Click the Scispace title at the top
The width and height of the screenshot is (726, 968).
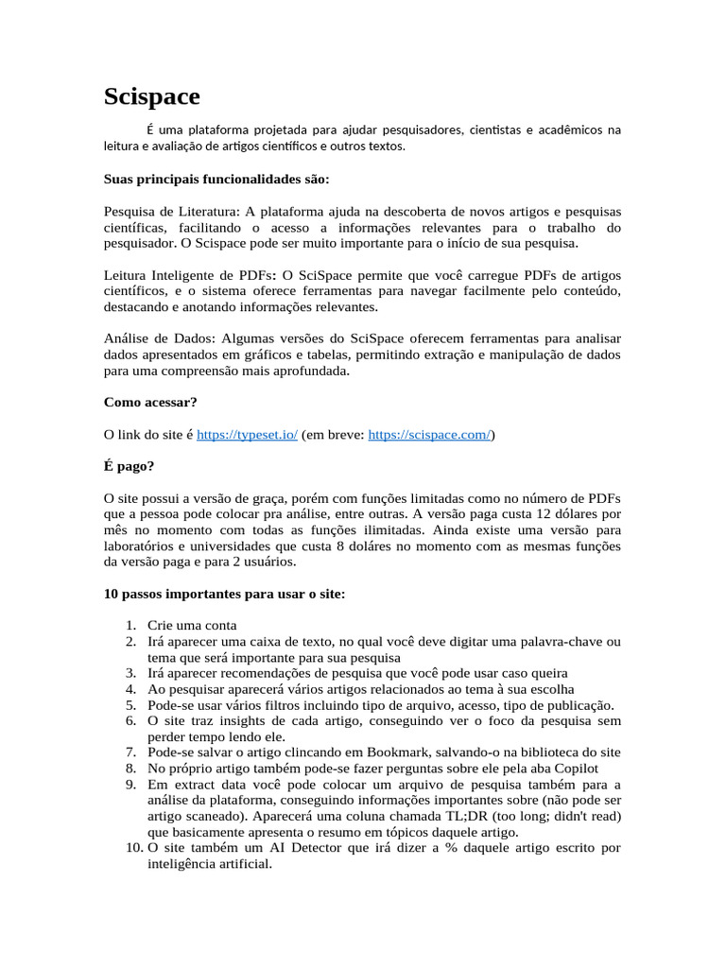pyautogui.click(x=151, y=96)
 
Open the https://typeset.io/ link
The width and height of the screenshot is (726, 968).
pyautogui.click(x=247, y=435)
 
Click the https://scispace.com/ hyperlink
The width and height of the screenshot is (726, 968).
pyautogui.click(x=429, y=435)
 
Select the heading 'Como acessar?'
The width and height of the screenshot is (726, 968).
pyautogui.click(x=150, y=402)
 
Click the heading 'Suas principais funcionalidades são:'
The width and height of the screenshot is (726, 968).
pyautogui.click(x=216, y=179)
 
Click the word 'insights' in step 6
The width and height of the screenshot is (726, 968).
pyautogui.click(x=236, y=720)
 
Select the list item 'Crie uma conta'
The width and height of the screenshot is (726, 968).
pyautogui.click(x=193, y=625)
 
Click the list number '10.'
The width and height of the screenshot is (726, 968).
pyautogui.click(x=133, y=848)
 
